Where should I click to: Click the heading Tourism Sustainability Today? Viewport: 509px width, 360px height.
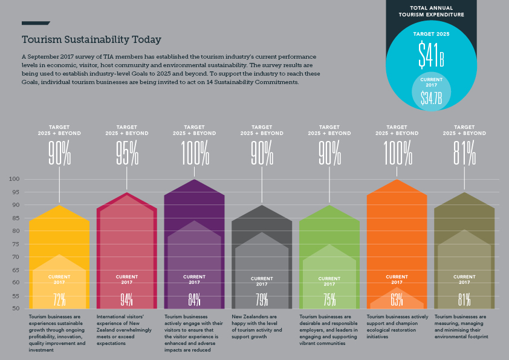tap(91, 40)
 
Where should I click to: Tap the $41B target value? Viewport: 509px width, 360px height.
tap(432, 55)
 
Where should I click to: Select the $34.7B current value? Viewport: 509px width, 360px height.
tap(432, 97)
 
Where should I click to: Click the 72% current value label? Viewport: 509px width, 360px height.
tap(59, 299)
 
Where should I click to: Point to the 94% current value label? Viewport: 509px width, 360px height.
tap(126, 299)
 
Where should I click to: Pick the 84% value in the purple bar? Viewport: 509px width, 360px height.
tap(194, 299)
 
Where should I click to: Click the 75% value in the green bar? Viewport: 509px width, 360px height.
tap(329, 299)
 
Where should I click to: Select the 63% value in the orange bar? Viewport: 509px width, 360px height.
tap(397, 299)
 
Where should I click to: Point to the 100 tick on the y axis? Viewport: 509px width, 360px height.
tap(15, 180)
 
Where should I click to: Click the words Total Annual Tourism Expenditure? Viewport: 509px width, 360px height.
tap(432, 11)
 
